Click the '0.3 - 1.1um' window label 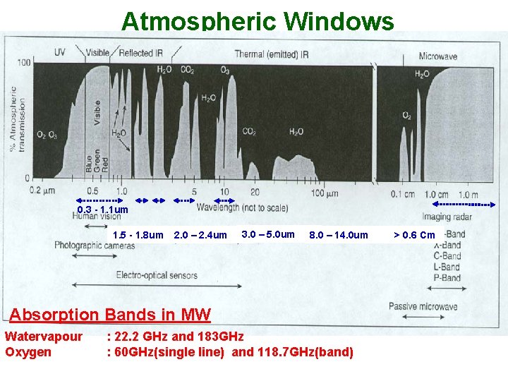103,210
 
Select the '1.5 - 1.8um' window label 138,235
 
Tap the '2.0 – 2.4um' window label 200,235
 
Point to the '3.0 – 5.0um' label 268,234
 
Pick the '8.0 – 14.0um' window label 339,235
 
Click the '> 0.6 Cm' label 414,235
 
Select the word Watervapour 44,337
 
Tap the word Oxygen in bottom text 28,351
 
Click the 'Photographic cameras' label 95,246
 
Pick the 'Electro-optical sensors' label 157,275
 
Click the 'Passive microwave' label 423,306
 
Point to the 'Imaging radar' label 447,217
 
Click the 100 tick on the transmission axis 24,63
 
